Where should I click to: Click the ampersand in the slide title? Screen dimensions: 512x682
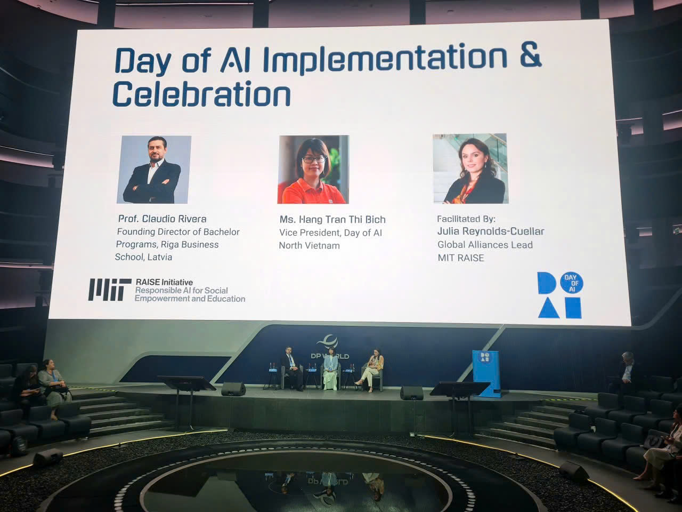(530, 58)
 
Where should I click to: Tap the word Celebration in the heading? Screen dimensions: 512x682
(201, 95)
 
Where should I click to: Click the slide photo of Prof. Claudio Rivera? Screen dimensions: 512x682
(155, 170)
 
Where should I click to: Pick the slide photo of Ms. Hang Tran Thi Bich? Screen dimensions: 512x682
(313, 170)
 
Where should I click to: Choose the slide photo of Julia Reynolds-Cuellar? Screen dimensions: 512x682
(470, 169)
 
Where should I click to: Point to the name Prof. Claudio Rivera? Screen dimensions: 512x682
(162, 219)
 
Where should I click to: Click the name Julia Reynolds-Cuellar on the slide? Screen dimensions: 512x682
(490, 231)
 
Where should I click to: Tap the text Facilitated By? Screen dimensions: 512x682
(466, 219)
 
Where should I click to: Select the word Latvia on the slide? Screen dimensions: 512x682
(159, 257)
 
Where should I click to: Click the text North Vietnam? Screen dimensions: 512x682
(309, 246)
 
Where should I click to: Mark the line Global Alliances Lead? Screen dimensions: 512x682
(485, 245)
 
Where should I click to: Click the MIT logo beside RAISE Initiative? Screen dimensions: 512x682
(110, 289)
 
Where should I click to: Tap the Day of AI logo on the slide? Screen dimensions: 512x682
(559, 295)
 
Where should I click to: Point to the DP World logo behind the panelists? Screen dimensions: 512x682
(330, 347)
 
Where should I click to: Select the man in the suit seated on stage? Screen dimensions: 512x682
(290, 368)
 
